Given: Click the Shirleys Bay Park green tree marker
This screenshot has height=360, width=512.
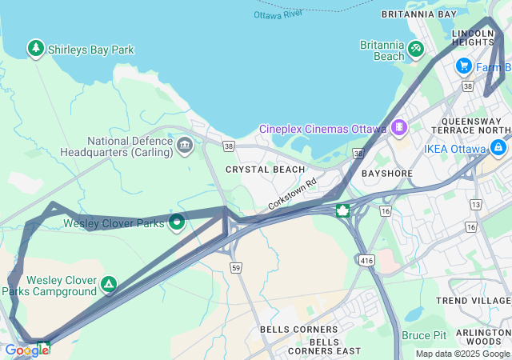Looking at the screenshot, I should [36, 49].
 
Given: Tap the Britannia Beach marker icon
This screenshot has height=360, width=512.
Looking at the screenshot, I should [415, 50].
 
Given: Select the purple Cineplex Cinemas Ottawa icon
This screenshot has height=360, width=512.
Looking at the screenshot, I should [399, 128].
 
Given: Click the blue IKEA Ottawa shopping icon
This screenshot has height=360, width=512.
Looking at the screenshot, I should [499, 148].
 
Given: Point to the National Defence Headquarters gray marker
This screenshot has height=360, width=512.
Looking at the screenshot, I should [185, 145].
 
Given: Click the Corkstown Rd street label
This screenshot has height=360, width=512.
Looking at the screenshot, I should [293, 194].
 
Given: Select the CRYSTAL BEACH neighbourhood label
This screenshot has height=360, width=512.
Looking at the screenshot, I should [265, 170].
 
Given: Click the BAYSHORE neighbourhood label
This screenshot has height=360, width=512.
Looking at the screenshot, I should [386, 173].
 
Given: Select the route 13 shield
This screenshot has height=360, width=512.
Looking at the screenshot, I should [476, 205].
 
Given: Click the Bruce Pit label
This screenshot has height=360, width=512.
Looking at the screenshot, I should [424, 335].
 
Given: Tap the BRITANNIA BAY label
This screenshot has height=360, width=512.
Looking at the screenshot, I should [418, 14].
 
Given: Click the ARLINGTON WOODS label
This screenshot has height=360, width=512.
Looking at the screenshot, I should [482, 337].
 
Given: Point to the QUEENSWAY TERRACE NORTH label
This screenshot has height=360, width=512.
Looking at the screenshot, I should [475, 126].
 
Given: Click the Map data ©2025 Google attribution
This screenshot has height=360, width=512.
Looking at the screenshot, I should [462, 354].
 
